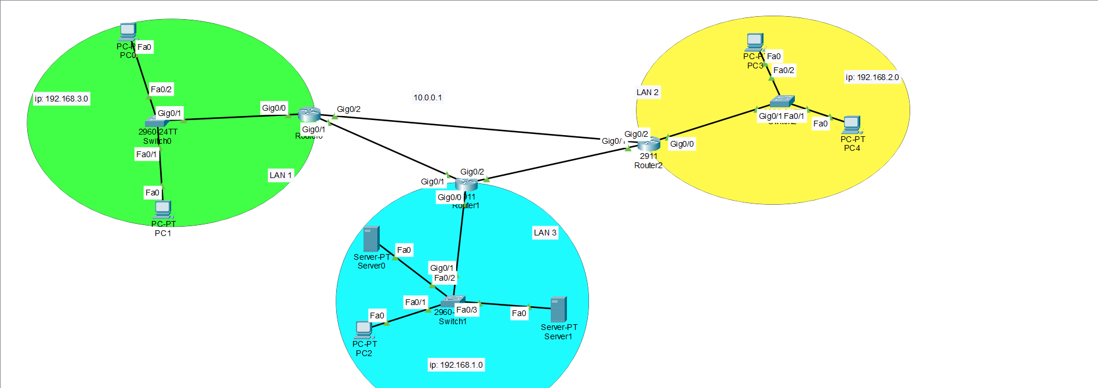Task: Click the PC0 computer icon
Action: tap(128, 32)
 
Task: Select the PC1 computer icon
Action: tap(163, 209)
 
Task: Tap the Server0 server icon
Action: tap(371, 238)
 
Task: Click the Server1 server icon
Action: tap(558, 309)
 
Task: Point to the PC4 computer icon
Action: tap(851, 125)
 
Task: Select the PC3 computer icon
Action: tap(754, 42)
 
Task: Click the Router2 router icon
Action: tap(649, 143)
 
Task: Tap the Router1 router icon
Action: tap(466, 184)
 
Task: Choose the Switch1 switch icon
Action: tap(452, 302)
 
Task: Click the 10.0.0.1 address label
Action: tap(427, 97)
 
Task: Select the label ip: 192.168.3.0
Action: tap(61, 99)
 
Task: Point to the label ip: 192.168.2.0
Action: tap(872, 77)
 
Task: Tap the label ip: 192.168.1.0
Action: tap(456, 365)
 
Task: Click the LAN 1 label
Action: tap(281, 175)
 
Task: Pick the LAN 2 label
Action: tap(648, 92)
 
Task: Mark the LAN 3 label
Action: tap(545, 233)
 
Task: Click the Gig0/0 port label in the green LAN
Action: tap(274, 108)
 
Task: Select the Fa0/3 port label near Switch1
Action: tap(467, 310)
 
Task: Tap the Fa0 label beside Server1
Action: tap(519, 313)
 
